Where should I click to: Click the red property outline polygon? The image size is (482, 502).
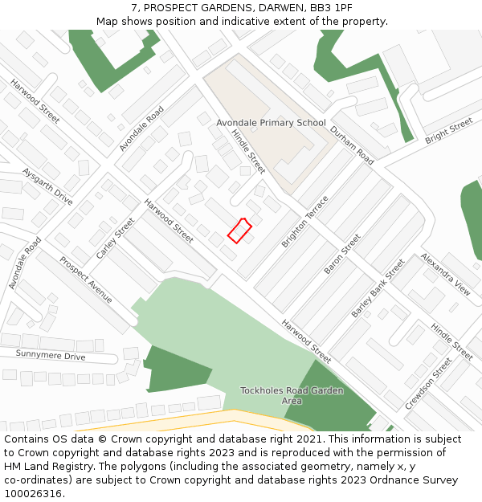pyautogui.click(x=239, y=231)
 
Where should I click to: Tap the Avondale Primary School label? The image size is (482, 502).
pyautogui.click(x=271, y=123)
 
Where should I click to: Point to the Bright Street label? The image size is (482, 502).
pyautogui.click(x=448, y=131)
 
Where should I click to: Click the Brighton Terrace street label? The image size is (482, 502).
pyautogui.click(x=305, y=221)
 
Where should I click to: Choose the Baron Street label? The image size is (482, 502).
pyautogui.click(x=343, y=254)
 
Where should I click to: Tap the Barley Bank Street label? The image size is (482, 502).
pyautogui.click(x=378, y=288)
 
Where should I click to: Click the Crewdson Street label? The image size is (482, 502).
pyautogui.click(x=428, y=383)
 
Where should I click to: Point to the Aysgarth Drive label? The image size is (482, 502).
pyautogui.click(x=47, y=186)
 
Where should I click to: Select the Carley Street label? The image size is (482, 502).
pyautogui.click(x=116, y=239)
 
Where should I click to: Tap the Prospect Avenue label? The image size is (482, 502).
pyautogui.click(x=86, y=280)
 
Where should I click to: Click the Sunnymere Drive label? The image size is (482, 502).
pyautogui.click(x=51, y=356)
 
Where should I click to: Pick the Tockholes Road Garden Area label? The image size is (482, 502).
pyautogui.click(x=292, y=395)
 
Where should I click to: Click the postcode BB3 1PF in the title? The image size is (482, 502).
pyautogui.click(x=331, y=8)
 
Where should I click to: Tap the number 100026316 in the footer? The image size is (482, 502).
pyautogui.click(x=34, y=493)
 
